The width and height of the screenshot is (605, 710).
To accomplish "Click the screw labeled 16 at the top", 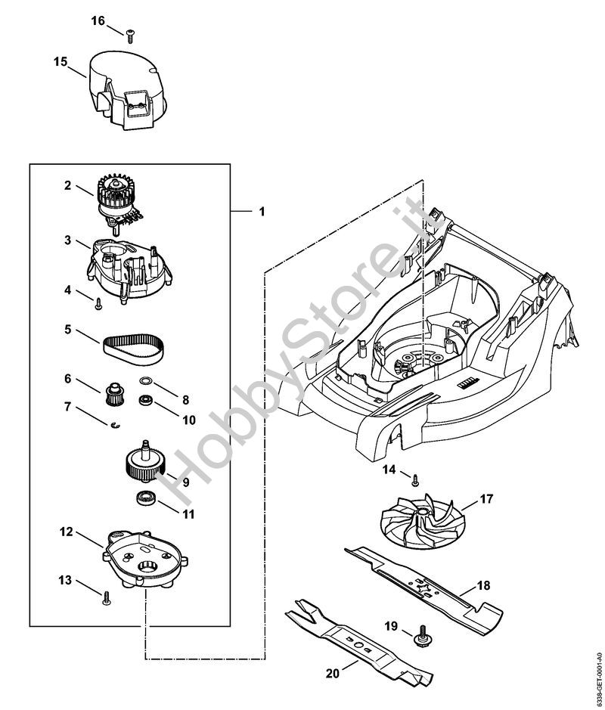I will pos(131,32).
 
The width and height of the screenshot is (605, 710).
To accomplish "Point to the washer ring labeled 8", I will pos(147,382).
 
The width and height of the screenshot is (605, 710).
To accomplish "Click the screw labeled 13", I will pos(106,596).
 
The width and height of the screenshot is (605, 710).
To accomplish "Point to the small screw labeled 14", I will pos(414,478).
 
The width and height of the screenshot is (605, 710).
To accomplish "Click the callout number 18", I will pos(483,585).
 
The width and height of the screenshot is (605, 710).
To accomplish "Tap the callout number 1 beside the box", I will pos(262,212).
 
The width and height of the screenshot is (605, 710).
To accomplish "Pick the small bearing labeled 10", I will pos(144,402).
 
